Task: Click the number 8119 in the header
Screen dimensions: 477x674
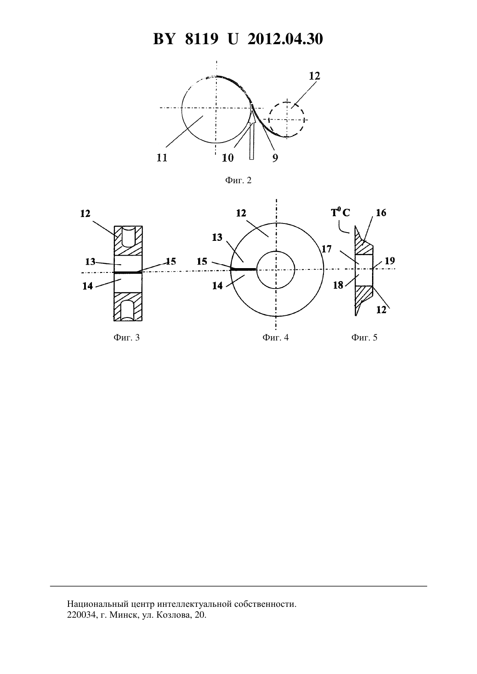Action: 201,39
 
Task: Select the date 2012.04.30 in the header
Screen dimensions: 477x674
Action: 285,39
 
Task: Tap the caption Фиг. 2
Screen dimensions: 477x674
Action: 238,180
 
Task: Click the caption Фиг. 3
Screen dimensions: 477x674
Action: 127,337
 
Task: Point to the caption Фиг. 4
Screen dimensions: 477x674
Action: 275,337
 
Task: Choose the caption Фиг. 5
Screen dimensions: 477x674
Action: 364,337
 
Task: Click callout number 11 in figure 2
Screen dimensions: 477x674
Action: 162,158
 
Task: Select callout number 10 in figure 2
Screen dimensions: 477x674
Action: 228,158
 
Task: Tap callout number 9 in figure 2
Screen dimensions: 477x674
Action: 275,158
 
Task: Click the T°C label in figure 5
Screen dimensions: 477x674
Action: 340,212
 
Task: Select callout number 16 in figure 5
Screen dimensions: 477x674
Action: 381,213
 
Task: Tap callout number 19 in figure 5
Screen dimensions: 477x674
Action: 390,261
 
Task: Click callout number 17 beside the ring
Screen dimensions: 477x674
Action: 327,249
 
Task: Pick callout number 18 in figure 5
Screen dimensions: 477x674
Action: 338,285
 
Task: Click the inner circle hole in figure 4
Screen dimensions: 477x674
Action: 275,251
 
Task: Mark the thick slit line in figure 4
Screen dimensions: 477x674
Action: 243,269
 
